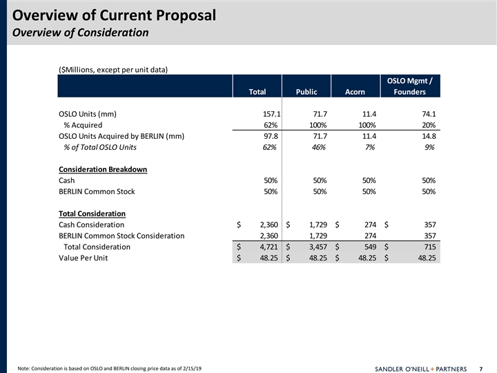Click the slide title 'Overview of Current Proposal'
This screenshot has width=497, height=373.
click(114, 15)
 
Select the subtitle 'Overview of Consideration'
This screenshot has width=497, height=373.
click(80, 32)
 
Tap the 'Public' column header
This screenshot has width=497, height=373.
click(306, 92)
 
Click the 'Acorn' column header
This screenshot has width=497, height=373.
click(355, 92)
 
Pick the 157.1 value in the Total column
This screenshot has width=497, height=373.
click(266, 114)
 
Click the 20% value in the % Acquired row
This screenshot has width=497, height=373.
click(427, 125)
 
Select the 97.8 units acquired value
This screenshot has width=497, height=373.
click(268, 136)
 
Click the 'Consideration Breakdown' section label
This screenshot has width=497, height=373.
click(103, 169)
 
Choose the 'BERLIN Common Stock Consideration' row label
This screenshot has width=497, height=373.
click(121, 236)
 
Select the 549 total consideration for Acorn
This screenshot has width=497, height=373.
click(367, 247)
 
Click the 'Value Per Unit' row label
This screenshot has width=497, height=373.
click(83, 258)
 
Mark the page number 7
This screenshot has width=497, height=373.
click(480, 367)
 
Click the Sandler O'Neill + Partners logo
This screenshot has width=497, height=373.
click(419, 367)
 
